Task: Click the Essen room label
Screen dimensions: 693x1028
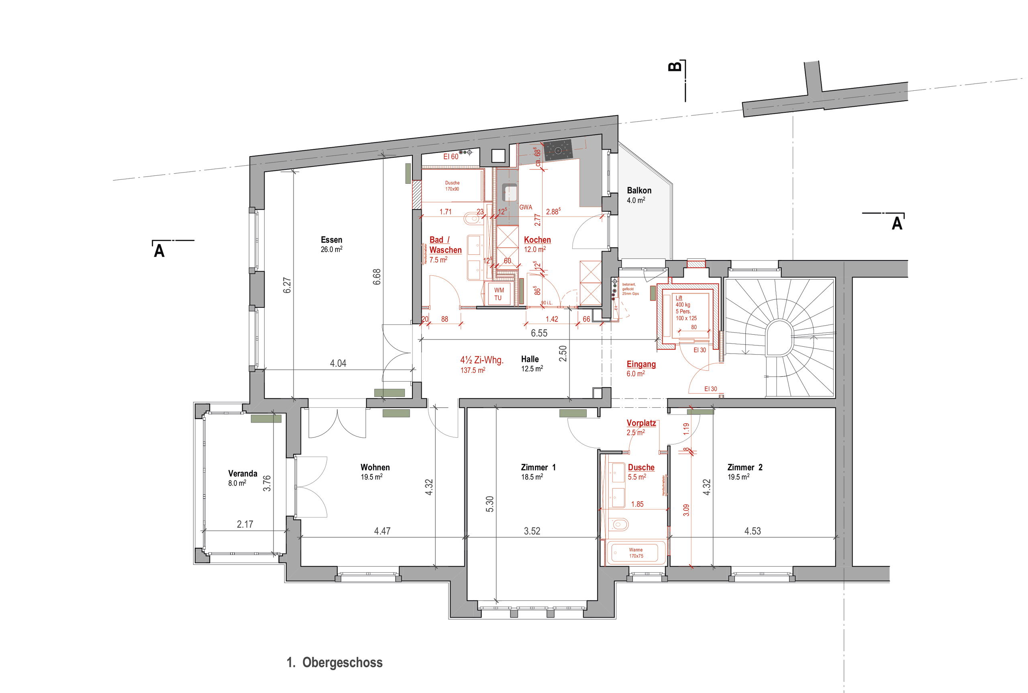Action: click(331, 240)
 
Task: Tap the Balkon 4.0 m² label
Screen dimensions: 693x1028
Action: click(638, 195)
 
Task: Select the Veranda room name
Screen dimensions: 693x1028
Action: click(242, 474)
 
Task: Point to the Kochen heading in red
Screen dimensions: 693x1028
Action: click(537, 240)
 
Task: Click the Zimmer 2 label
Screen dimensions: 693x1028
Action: click(744, 467)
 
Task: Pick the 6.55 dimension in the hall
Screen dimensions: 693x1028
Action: click(538, 333)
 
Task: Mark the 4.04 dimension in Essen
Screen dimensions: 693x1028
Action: click(338, 363)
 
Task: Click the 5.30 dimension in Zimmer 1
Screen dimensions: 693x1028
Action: click(490, 504)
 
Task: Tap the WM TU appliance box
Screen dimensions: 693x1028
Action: click(499, 294)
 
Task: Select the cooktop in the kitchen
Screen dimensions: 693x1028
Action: click(557, 150)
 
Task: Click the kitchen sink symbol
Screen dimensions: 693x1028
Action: click(510, 193)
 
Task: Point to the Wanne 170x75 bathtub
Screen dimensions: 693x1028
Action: click(635, 553)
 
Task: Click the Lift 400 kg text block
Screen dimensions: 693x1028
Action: click(686, 308)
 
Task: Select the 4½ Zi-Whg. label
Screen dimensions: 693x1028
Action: click(481, 360)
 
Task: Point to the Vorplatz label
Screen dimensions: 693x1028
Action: click(640, 423)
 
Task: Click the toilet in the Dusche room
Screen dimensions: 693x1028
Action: click(620, 524)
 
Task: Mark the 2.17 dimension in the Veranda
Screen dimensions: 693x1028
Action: click(245, 524)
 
